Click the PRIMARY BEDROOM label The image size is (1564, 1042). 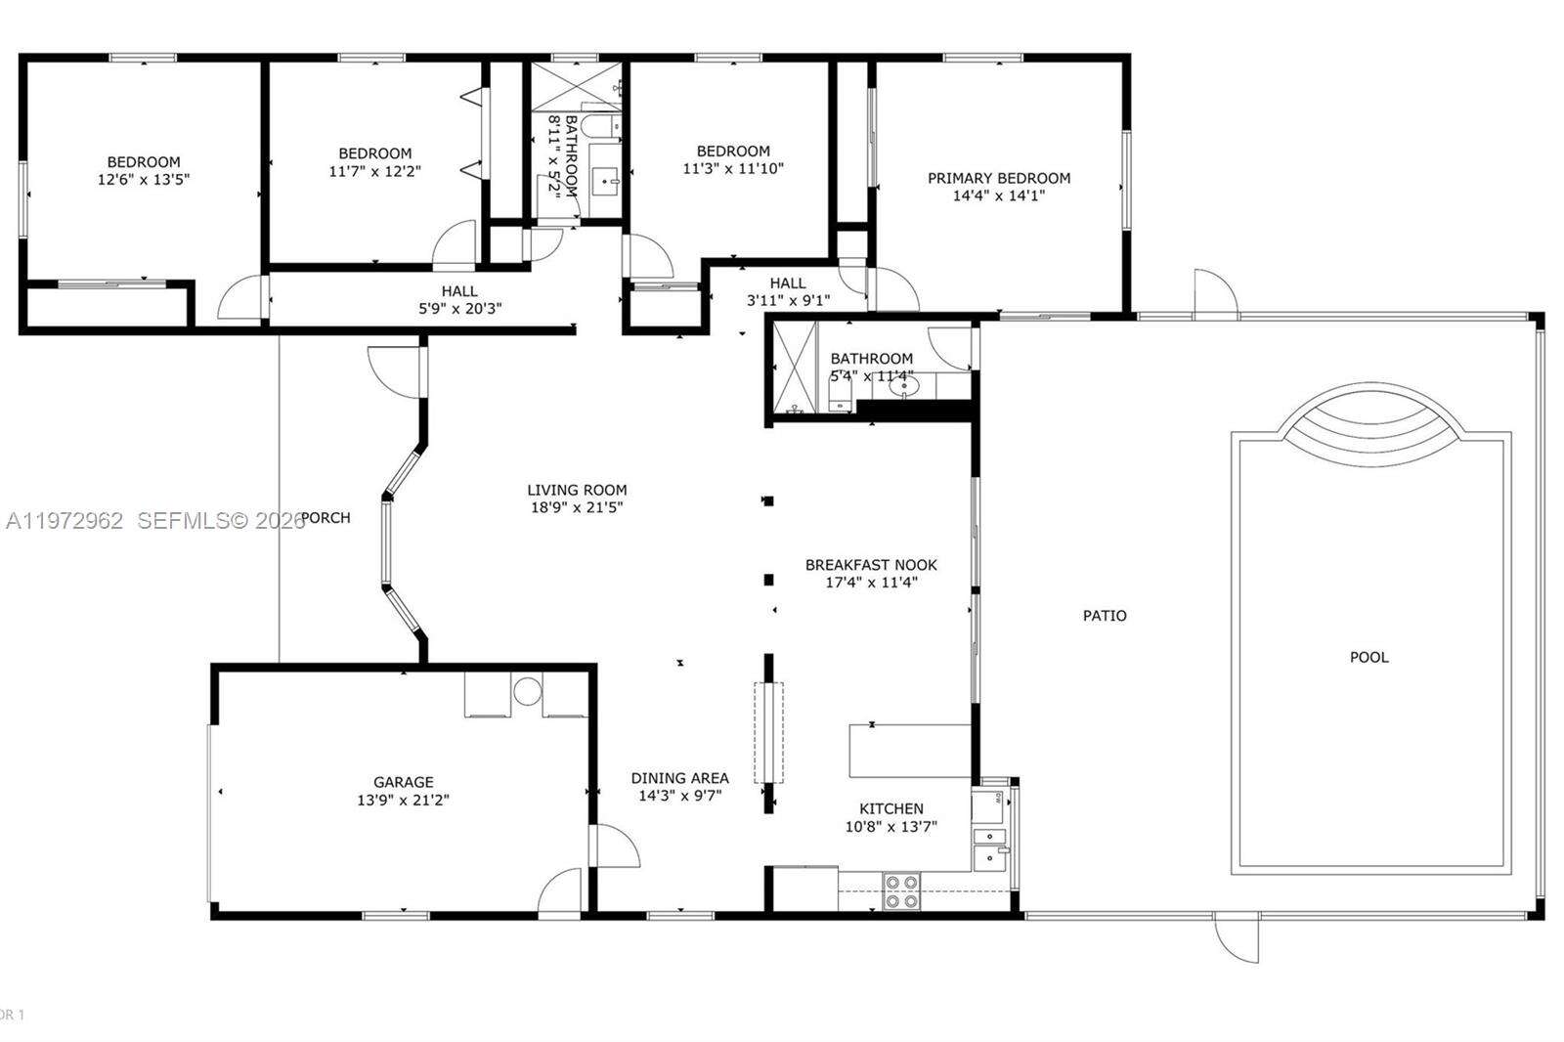[998, 178]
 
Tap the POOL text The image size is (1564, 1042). [1368, 657]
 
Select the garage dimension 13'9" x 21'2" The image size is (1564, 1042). [403, 800]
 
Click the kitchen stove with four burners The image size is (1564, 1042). [901, 891]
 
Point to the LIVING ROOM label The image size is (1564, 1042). [577, 490]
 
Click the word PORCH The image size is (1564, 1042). [326, 517]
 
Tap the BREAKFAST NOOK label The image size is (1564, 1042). [870, 564]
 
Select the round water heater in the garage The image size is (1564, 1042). [527, 691]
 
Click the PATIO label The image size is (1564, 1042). [1105, 615]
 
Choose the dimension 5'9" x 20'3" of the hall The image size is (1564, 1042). [459, 309]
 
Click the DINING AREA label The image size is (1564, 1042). [679, 778]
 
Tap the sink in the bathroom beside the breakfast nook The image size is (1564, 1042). [903, 387]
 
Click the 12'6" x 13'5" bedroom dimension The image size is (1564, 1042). [143, 180]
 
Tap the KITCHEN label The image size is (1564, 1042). [891, 808]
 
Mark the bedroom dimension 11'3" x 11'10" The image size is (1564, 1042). [732, 168]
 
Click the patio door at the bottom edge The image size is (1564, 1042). [1237, 938]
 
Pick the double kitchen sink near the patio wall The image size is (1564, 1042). [990, 847]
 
